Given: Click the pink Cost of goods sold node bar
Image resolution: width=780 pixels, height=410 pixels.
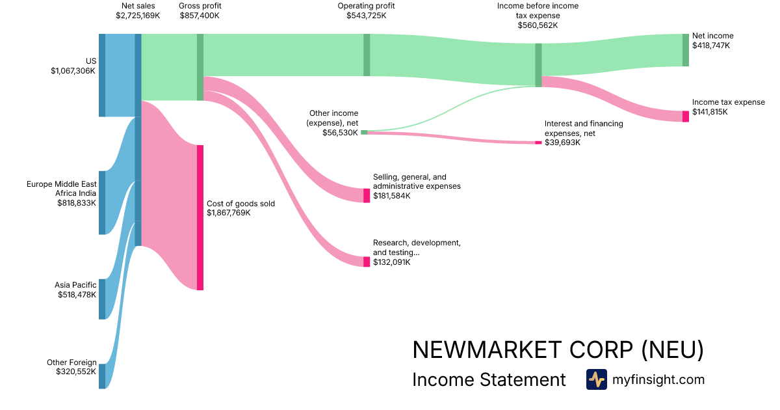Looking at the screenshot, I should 200,217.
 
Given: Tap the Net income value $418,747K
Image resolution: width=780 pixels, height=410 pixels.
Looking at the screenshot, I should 711,46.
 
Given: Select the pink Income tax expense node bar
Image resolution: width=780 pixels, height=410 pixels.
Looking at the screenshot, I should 685,116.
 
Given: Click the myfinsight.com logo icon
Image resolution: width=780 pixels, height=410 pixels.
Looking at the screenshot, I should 596,379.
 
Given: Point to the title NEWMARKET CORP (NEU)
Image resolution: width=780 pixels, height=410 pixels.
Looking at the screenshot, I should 558,350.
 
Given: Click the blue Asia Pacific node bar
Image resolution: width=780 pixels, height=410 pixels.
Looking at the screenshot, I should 102,299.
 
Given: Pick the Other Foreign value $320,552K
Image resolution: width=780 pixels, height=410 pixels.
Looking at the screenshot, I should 76,372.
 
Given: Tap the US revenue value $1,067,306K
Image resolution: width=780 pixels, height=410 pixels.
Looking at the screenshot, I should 73,71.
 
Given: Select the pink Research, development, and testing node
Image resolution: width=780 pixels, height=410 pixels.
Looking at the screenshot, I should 367,262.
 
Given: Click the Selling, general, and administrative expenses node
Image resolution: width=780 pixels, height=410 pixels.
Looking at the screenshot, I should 367,195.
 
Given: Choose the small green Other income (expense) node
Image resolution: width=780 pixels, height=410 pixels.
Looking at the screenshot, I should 364,132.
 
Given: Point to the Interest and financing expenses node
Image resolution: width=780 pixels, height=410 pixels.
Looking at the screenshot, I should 538,143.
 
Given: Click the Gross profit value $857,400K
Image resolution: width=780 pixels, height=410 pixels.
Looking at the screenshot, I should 200,15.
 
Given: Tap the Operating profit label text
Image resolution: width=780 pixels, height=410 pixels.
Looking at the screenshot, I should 366,6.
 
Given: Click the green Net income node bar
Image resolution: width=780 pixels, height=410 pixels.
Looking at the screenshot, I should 685,50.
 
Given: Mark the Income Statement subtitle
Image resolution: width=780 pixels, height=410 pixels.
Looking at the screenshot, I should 489,380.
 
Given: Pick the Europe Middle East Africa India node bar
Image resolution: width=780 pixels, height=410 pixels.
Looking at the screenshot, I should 102,202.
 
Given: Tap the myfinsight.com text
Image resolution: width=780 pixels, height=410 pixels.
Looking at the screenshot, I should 658,379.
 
